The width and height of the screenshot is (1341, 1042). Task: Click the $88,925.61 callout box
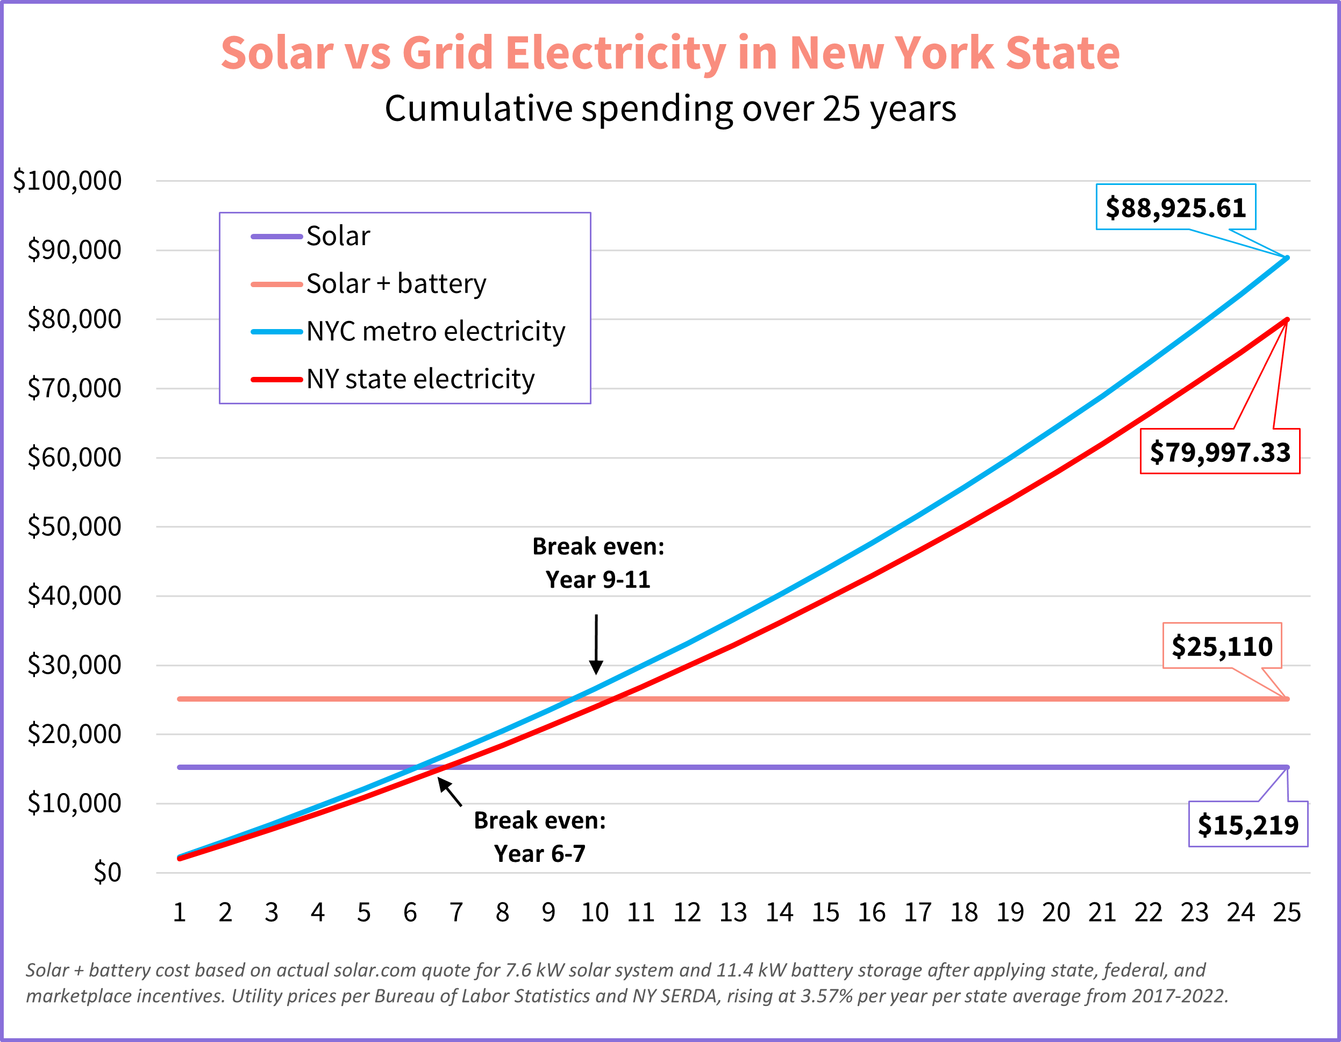pyautogui.click(x=1175, y=208)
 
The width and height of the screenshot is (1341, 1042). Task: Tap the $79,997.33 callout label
pyautogui.click(x=1219, y=452)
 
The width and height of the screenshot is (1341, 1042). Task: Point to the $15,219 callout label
pyautogui.click(x=1247, y=825)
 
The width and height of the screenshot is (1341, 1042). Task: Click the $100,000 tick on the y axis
pyautogui.click(x=68, y=181)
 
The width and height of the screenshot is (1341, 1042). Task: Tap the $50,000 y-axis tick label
pyautogui.click(x=74, y=526)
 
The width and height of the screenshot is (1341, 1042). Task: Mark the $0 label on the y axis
pyautogui.click(x=107, y=872)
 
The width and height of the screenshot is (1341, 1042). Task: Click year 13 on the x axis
pyautogui.click(x=733, y=912)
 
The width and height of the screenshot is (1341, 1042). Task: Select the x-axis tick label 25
pyautogui.click(x=1286, y=912)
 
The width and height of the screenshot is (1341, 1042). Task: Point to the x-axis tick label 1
pyautogui.click(x=179, y=912)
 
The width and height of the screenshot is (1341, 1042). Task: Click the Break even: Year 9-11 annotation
pyautogui.click(x=598, y=562)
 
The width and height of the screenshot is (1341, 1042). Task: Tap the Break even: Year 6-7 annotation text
pyautogui.click(x=540, y=836)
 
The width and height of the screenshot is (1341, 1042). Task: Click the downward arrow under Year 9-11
pyautogui.click(x=596, y=645)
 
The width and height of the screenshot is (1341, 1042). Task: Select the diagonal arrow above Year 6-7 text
pyautogui.click(x=450, y=792)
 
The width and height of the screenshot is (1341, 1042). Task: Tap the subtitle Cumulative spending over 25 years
pyautogui.click(x=670, y=109)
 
